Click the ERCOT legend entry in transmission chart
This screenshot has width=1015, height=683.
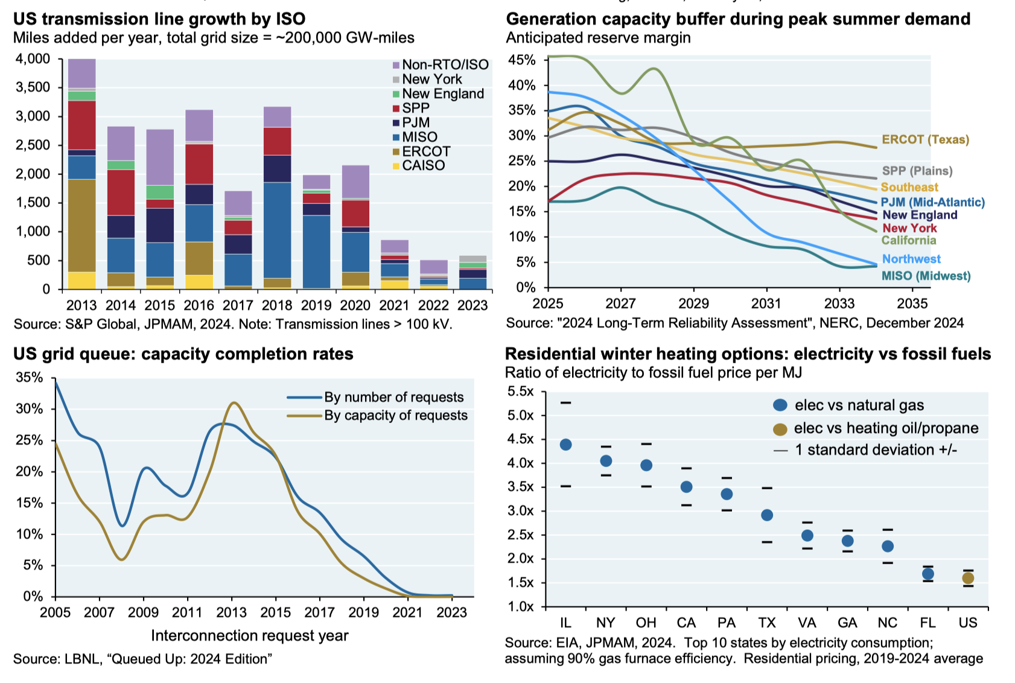tap(426, 151)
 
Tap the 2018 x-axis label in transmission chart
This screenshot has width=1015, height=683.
tap(276, 305)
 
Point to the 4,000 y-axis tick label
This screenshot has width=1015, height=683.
tap(33, 59)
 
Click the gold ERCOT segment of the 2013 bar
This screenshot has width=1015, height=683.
tap(81, 225)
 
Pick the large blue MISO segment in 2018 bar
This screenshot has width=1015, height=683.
tap(277, 229)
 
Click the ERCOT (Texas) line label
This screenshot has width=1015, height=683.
tap(925, 139)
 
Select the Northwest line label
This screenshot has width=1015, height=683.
tap(911, 259)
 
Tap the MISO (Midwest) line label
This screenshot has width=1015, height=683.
tap(926, 276)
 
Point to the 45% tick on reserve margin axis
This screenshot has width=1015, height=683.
tap(521, 60)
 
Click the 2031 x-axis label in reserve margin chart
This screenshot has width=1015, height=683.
tap(766, 303)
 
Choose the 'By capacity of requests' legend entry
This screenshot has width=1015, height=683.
tap(395, 415)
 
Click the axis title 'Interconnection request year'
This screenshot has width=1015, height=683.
tap(249, 635)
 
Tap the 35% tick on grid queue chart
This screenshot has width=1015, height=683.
tap(30, 378)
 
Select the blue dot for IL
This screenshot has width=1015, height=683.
tap(565, 445)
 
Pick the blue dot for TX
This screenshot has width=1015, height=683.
tap(767, 515)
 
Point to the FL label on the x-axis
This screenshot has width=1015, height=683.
tap(927, 623)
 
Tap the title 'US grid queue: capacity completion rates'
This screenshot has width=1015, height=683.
tap(183, 354)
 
